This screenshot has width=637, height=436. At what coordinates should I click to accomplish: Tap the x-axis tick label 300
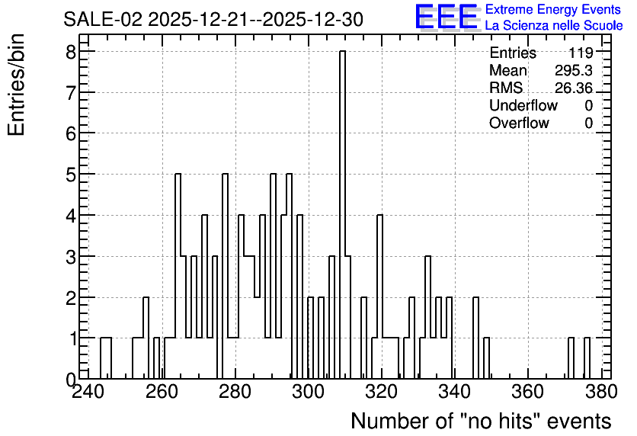coord(308,392)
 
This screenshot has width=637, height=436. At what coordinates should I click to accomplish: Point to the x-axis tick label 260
coord(162,392)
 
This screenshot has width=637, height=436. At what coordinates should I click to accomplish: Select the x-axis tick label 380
coord(600,392)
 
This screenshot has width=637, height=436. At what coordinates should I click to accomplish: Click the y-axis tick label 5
coord(72,174)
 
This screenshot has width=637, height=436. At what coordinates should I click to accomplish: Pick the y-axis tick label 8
coord(72,51)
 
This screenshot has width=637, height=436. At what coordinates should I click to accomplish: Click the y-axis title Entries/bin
coord(16,85)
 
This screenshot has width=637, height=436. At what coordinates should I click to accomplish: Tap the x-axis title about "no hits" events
coord(481,421)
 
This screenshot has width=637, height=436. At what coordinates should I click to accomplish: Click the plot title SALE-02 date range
coord(213,20)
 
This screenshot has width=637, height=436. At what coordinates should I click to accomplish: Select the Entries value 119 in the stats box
coord(581,53)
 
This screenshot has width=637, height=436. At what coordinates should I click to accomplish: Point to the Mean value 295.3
coord(574,70)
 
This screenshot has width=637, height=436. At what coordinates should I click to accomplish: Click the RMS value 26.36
coord(574,88)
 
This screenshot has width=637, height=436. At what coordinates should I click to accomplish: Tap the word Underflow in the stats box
coord(523,105)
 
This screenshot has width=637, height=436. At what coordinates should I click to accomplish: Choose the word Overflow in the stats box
coord(519,123)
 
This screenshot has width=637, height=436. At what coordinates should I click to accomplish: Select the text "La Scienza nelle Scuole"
coord(554,26)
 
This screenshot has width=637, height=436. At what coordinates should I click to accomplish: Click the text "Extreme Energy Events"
coord(553,9)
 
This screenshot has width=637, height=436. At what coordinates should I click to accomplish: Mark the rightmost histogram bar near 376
coord(587,358)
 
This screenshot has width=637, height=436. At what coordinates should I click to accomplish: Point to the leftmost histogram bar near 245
coord(106,358)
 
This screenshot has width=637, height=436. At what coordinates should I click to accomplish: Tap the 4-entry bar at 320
coord(379,297)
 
